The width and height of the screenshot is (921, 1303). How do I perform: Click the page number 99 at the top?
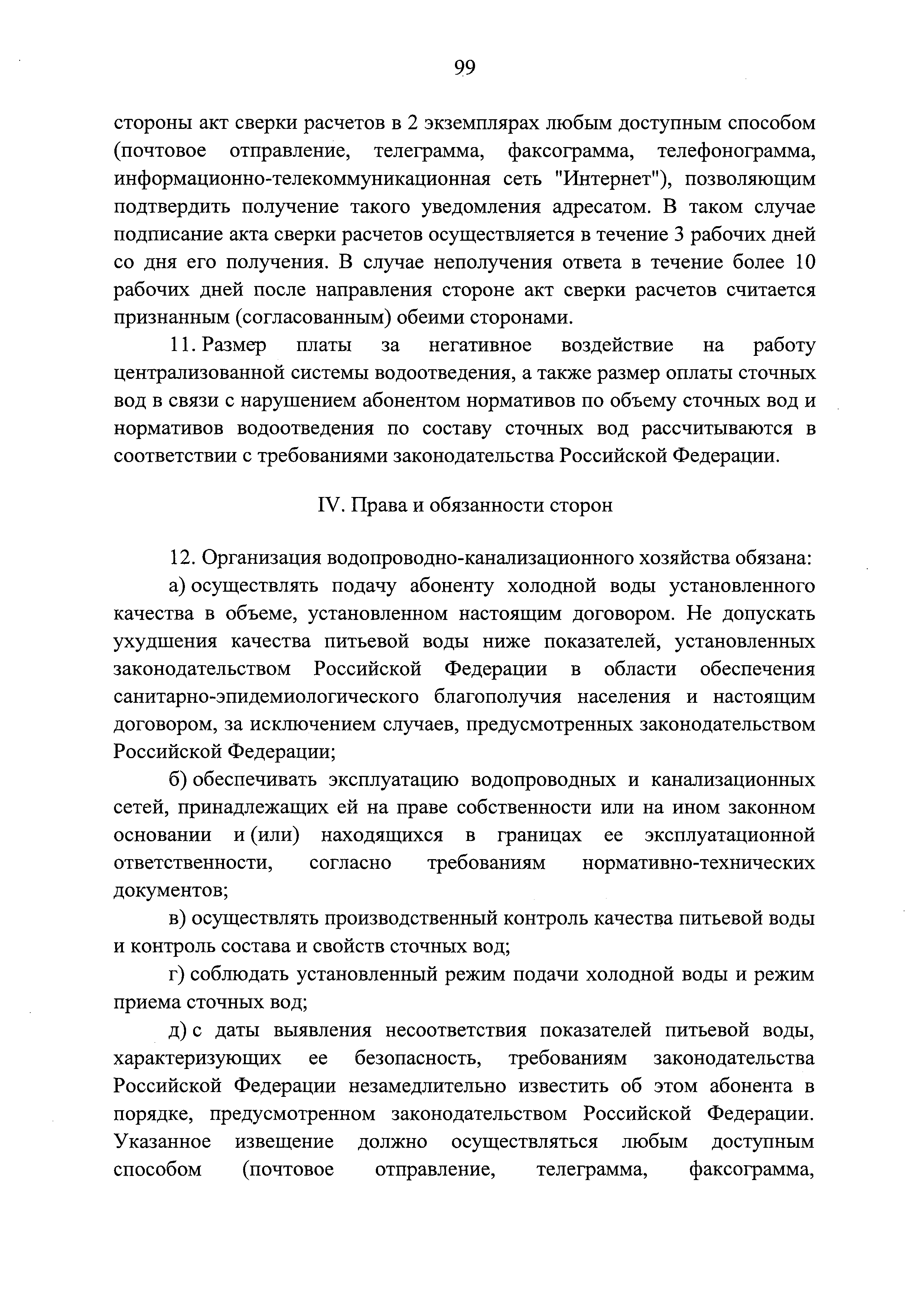point(464,68)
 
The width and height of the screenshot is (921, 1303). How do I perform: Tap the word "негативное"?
point(479,345)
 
